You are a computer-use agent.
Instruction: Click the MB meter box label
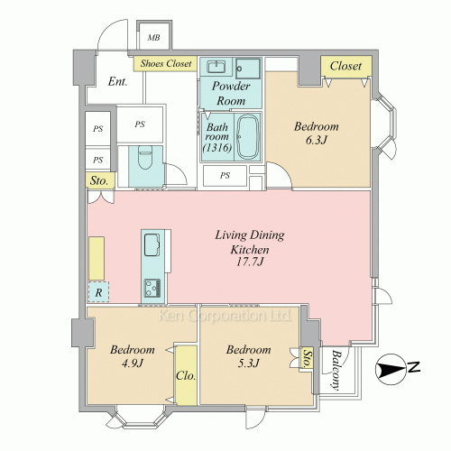pyautogui.click(x=153, y=38)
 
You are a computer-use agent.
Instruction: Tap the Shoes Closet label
pyautogui.click(x=166, y=63)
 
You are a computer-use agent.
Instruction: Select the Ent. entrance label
pyautogui.click(x=117, y=81)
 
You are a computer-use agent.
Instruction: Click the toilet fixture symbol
pyautogui.click(x=145, y=158)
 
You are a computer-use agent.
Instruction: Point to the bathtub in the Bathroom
pyautogui.click(x=248, y=137)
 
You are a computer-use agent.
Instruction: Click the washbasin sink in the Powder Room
pyautogui.click(x=216, y=66)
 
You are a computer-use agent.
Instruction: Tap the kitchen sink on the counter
pyautogui.click(x=152, y=244)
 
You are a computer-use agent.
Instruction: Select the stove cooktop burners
pyautogui.click(x=152, y=288)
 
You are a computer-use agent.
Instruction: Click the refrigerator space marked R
pyautogui.click(x=98, y=291)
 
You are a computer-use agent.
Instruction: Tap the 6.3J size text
pyautogui.click(x=316, y=140)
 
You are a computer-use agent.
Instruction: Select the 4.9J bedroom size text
pyautogui.click(x=132, y=364)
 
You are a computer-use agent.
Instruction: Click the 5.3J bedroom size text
pyautogui.click(x=248, y=364)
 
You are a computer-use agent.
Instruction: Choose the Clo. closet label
pyautogui.click(x=186, y=375)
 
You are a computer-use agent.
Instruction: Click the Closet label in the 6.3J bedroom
pyautogui.click(x=345, y=66)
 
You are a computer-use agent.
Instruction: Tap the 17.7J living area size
pyautogui.click(x=250, y=262)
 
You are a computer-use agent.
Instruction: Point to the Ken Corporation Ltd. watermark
pyautogui.click(x=225, y=316)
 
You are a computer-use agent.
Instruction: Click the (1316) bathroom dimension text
pyautogui.click(x=217, y=148)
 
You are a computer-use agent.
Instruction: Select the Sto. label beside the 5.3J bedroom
pyautogui.click(x=307, y=358)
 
